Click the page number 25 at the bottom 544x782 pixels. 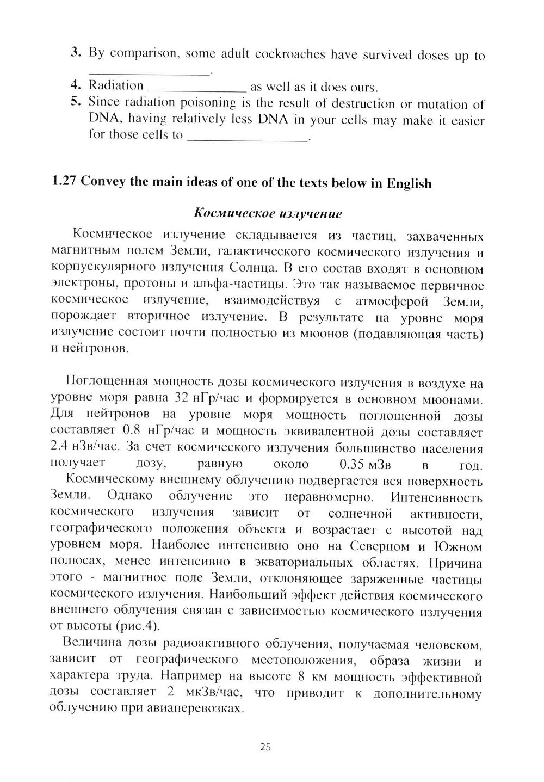pos(265,747)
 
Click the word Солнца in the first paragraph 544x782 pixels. pos(244,269)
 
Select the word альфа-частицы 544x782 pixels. pos(246,285)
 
